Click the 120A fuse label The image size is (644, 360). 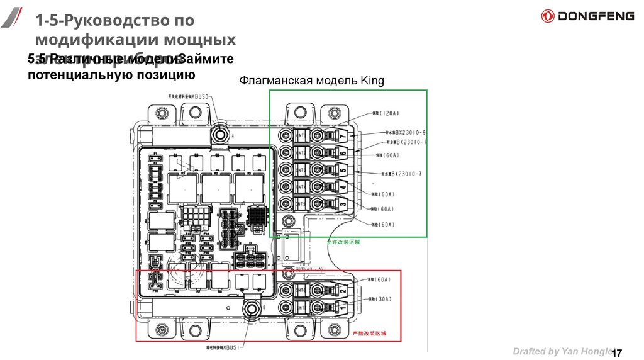pyautogui.click(x=386, y=113)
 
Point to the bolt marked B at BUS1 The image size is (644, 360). pyautogui.click(x=253, y=310)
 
